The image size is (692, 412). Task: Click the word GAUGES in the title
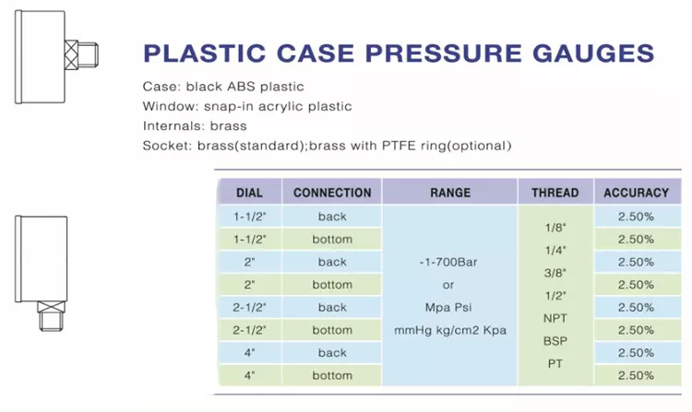[592, 53]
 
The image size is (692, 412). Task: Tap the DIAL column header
[249, 193]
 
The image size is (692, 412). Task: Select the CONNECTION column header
[332, 193]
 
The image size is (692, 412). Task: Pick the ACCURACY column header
[637, 193]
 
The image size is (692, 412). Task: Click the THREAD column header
[555, 193]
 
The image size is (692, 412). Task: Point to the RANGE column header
[450, 193]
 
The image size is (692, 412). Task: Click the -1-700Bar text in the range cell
[448, 262]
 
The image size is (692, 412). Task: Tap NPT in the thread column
[555, 318]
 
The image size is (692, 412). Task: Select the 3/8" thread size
[555, 273]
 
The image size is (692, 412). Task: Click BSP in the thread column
[555, 341]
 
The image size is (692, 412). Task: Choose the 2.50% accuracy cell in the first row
[636, 217]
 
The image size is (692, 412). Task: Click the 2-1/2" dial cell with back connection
[249, 307]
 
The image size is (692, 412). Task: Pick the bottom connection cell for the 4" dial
[332, 375]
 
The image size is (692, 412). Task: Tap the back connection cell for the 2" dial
[332, 262]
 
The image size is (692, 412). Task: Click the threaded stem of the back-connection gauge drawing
[88, 55]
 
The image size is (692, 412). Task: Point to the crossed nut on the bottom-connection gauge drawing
[51, 307]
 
